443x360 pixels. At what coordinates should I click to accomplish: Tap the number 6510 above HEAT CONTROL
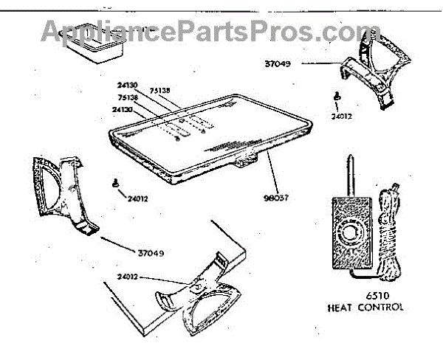[367, 296]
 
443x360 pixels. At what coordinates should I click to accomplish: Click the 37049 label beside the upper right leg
[277, 64]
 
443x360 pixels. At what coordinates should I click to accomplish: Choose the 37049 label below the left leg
[151, 254]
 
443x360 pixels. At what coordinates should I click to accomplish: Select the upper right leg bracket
[376, 74]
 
